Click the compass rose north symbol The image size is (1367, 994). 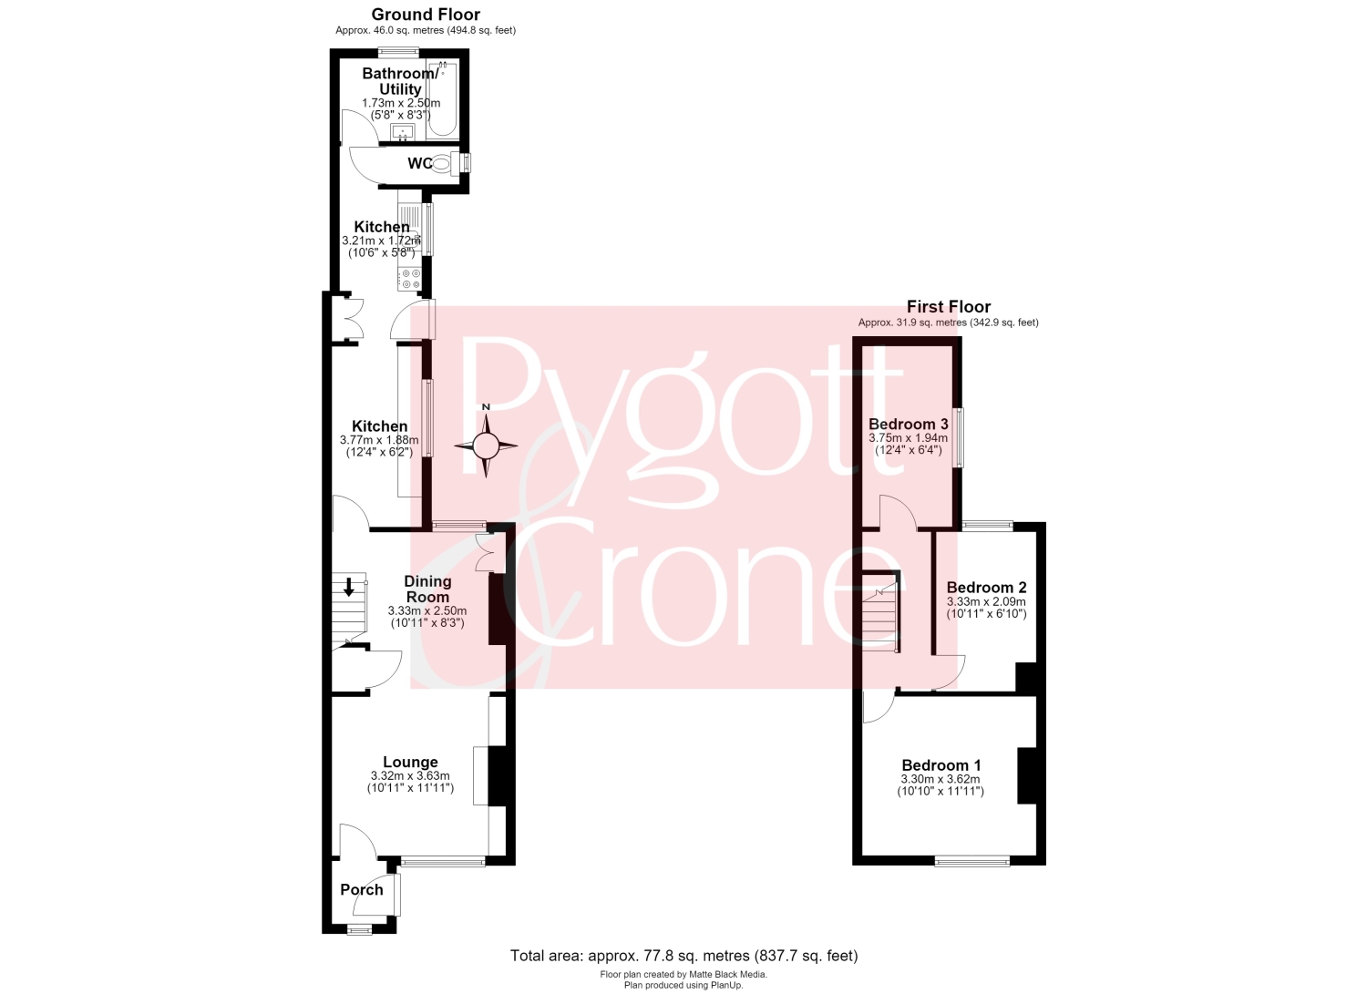486,445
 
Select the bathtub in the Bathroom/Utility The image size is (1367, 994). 443,98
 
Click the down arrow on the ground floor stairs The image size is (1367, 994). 349,587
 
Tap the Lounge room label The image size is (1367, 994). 410,763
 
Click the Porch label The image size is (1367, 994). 362,889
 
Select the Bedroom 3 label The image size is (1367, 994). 908,424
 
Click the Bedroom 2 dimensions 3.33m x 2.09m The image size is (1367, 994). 986,601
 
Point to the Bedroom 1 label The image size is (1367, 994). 941,765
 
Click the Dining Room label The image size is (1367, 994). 427,589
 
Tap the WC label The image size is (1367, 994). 420,163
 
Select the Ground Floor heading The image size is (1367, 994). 426,14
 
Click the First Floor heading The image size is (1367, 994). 949,306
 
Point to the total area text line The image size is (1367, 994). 683,956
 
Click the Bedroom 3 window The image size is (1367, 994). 959,437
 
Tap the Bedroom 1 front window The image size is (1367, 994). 972,861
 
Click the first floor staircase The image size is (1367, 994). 880,612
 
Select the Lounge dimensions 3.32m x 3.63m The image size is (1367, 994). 410,776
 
